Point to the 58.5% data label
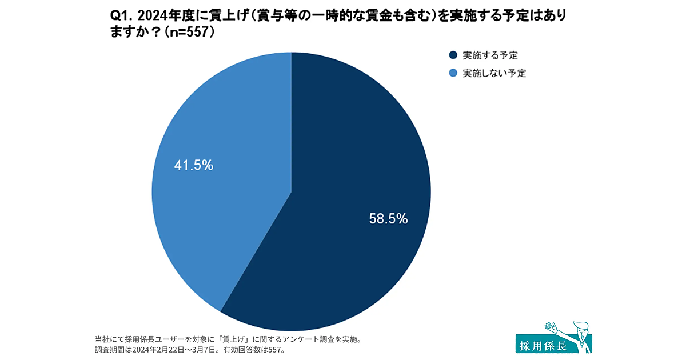pyautogui.click(x=388, y=218)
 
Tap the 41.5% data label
pyautogui.click(x=193, y=166)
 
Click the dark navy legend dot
pyautogui.click(x=453, y=55)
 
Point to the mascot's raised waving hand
pyautogui.click(x=551, y=327)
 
